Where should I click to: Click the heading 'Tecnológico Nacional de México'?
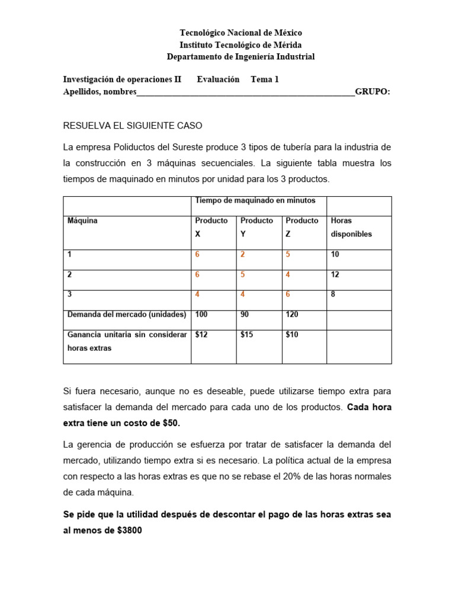[x=241, y=33]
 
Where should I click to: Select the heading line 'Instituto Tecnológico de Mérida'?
[x=241, y=45]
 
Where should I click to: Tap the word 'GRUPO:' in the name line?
[x=373, y=91]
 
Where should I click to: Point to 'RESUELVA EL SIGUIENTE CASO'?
[x=133, y=126]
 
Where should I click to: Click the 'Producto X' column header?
[x=212, y=227]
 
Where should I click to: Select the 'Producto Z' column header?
[x=302, y=227]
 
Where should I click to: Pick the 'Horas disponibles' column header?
[x=351, y=227]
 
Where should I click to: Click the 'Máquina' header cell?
[x=82, y=221]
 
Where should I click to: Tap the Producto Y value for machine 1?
[x=243, y=254]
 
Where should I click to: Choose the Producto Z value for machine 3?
[x=288, y=295]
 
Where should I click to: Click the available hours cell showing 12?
[x=335, y=274]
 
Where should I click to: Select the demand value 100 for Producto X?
[x=202, y=315]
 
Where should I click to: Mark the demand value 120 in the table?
[x=292, y=315]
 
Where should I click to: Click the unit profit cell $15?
[x=247, y=335]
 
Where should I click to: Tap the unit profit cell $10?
[x=292, y=335]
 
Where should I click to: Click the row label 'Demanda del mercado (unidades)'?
[x=127, y=315]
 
